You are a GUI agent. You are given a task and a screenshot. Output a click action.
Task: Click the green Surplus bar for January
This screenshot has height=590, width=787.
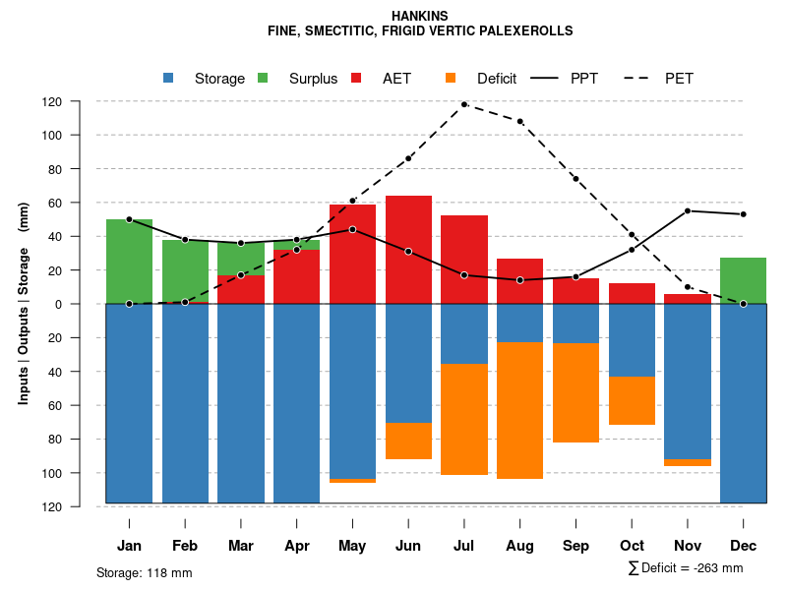click(129, 262)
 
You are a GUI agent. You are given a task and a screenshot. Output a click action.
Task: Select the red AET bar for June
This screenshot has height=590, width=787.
click(408, 250)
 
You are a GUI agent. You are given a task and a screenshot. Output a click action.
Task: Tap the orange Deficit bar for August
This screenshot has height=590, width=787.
click(520, 410)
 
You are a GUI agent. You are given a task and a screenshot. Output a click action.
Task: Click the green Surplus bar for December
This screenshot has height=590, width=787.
click(743, 281)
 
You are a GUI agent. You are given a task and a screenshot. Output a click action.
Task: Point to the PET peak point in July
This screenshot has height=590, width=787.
click(464, 104)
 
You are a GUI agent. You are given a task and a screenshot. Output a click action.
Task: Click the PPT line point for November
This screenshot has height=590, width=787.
click(688, 211)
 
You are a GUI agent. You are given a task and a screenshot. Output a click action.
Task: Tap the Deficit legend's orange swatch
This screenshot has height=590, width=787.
click(452, 79)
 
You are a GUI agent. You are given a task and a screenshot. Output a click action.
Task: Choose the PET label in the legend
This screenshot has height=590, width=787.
click(679, 79)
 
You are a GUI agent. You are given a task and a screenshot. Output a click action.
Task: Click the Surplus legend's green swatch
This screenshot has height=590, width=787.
click(264, 79)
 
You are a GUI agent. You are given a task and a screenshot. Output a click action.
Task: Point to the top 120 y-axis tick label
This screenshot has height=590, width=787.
click(80, 101)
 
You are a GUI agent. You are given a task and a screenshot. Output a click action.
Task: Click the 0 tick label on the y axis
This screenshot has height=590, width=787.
click(86, 304)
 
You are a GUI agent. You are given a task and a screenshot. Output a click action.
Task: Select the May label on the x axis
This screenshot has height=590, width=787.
click(352, 546)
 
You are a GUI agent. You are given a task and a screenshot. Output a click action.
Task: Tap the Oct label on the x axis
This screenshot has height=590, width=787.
click(632, 546)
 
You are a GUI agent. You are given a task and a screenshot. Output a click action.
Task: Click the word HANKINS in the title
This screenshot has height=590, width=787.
click(420, 17)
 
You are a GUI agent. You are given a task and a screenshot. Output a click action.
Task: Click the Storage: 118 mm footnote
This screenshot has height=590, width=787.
click(144, 572)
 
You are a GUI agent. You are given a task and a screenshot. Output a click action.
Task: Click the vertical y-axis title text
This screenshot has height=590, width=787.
click(24, 304)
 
